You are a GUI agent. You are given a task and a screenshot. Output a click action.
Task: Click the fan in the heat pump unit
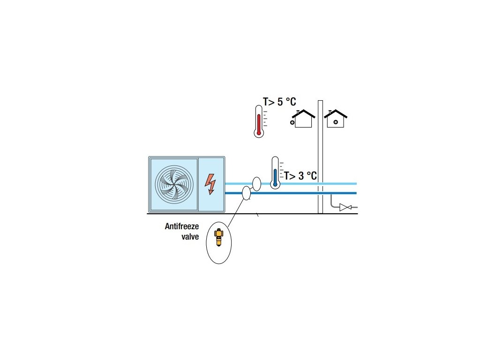coord(174,184)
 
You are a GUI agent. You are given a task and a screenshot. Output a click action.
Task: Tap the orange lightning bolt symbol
coord(211,184)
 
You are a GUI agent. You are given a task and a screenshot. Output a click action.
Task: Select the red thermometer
coord(258,121)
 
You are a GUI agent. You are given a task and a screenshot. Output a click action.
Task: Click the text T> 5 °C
coord(279,101)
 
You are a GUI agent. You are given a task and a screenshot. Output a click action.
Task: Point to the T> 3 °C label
coord(300,176)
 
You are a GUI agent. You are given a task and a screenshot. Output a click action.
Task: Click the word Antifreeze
coord(182,226)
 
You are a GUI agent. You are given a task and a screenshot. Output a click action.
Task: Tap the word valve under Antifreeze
coord(190,237)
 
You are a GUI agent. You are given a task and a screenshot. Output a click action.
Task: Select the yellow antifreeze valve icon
coord(218,237)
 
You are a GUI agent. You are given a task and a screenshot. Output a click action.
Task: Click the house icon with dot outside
coord(304,119)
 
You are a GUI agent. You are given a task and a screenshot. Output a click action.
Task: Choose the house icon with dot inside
coord(336,119)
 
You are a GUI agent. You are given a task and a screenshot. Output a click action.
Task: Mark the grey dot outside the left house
coord(292,123)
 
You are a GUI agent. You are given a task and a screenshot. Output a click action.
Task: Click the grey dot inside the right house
coord(336,122)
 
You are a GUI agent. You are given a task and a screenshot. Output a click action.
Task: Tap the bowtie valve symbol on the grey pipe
coord(346,207)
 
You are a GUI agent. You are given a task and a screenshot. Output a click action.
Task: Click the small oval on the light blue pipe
coord(256,183)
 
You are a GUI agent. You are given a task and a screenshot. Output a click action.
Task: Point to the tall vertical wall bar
coord(321,157)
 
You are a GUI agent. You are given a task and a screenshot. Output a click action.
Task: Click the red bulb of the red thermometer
coord(258,133)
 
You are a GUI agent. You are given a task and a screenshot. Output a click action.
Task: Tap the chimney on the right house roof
coord(330,112)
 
